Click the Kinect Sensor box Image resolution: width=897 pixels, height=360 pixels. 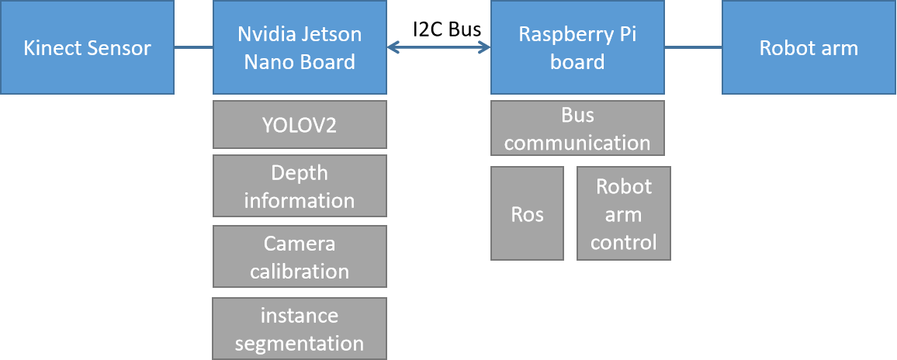87,47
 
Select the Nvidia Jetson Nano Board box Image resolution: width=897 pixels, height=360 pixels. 300,47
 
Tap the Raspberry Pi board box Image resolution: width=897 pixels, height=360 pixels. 577,47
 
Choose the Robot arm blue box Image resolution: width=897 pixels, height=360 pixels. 809,47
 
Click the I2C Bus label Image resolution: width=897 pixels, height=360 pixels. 447,29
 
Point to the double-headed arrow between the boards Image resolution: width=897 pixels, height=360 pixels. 438,47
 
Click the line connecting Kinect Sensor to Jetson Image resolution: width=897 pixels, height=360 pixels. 193,47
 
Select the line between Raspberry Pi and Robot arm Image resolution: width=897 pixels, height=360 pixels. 693,47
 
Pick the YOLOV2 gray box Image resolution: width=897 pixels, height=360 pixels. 300,124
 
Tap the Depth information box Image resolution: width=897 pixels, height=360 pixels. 300,186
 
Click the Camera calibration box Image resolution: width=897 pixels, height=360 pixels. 300,257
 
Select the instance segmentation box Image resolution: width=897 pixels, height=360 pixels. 300,329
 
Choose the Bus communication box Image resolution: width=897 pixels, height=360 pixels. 577,129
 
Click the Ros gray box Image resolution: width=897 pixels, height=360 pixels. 527,213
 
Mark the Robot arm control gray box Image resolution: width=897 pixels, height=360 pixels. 623,213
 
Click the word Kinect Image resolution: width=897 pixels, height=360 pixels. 53,48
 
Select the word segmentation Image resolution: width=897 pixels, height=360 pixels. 300,343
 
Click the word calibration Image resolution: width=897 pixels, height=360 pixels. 300,271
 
